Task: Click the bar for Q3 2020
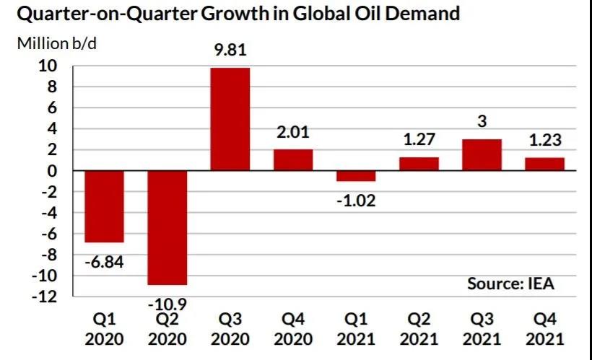pos(230,119)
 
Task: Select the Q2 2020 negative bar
pos(167,227)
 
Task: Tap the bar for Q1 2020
pos(105,206)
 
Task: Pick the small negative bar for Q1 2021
pos(356,176)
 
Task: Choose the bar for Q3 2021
pos(482,154)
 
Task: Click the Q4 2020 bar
pos(293,159)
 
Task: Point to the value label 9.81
pos(230,53)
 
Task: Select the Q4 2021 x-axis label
pos(545,328)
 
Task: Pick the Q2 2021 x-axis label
pos(419,328)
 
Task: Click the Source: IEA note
pos(510,283)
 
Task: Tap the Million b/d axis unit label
pos(57,43)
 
